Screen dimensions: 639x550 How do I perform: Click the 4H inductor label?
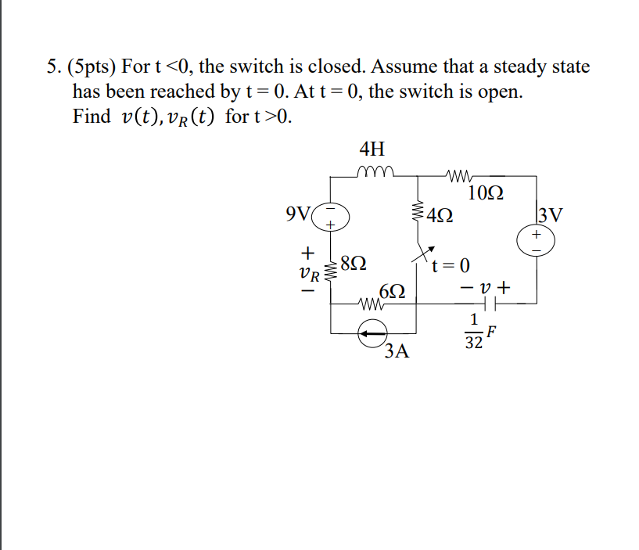(372, 149)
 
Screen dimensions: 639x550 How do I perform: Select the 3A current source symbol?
(374, 333)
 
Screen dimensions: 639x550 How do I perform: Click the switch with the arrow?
(423, 255)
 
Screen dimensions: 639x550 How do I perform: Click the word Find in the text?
(91, 117)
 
